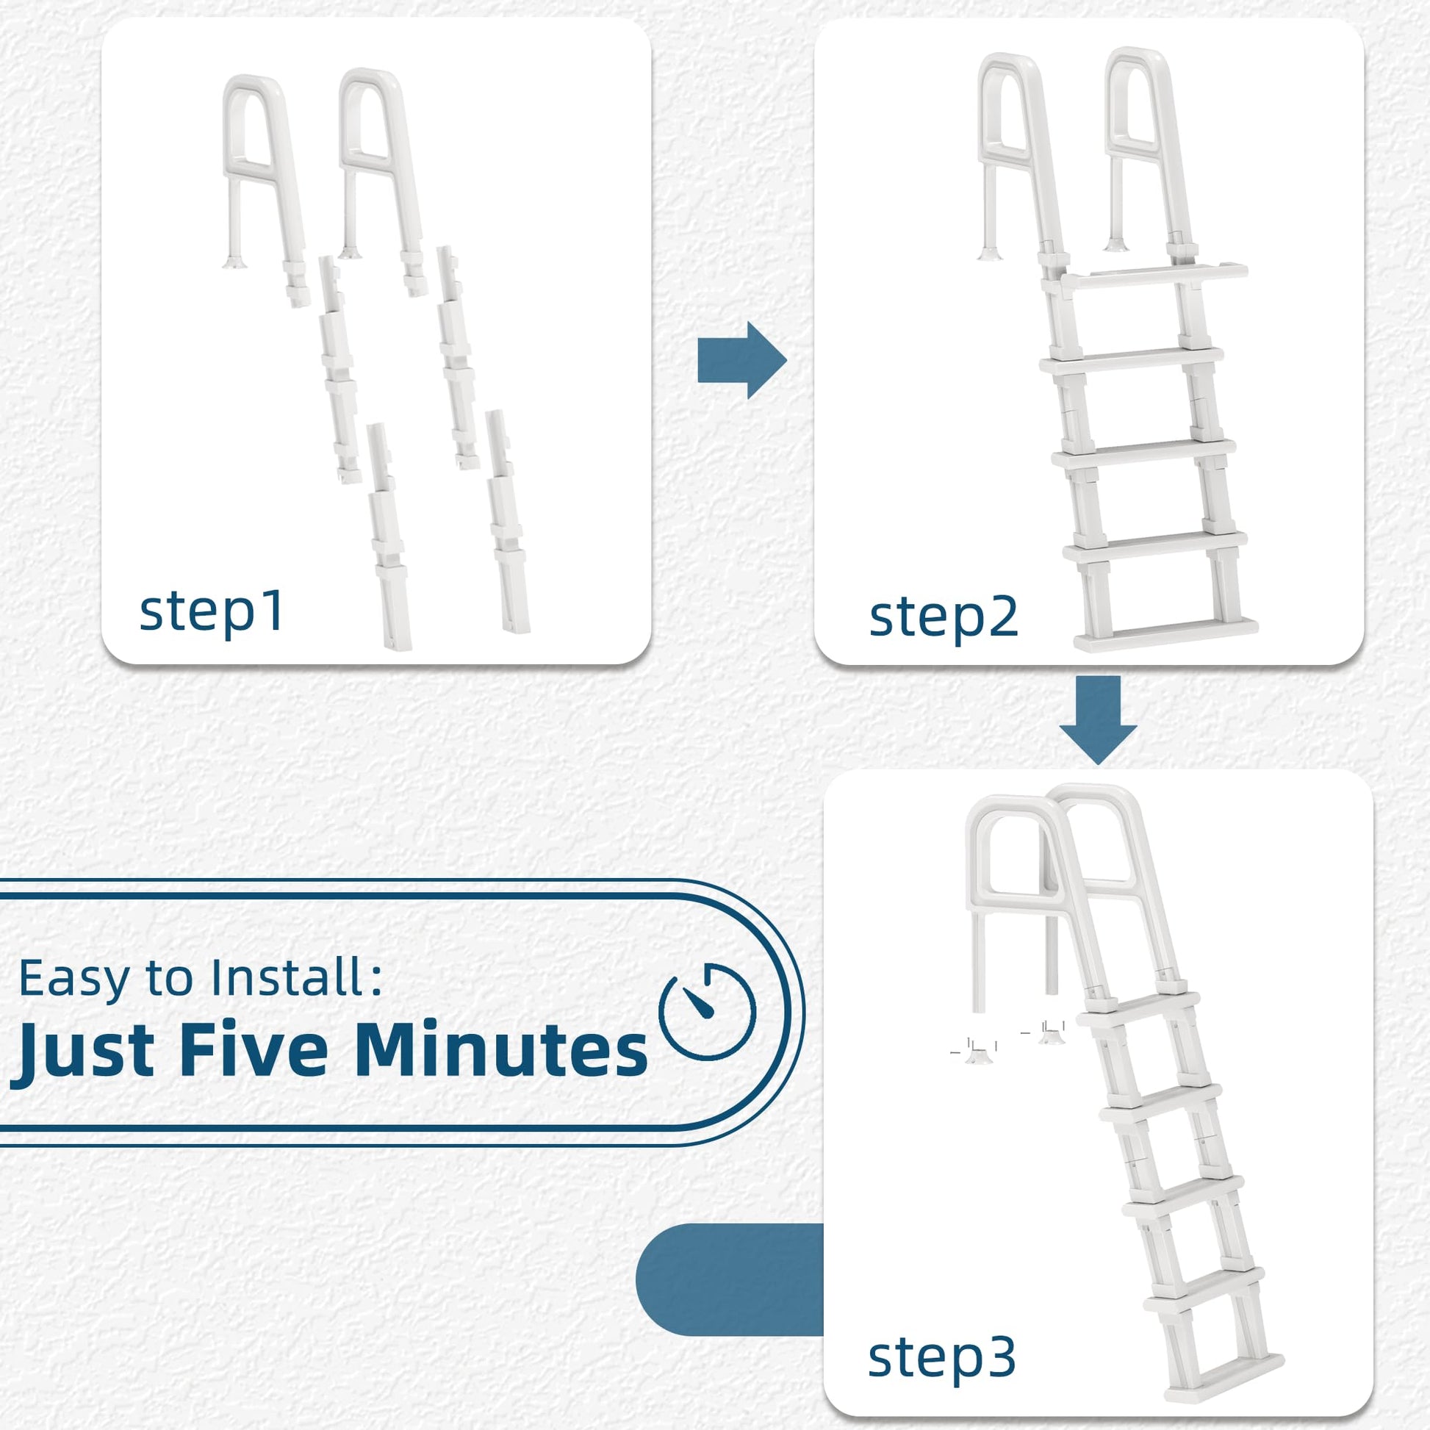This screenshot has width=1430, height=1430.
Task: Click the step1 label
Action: pyautogui.click(x=211, y=612)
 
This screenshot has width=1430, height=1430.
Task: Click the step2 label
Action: pyautogui.click(x=944, y=617)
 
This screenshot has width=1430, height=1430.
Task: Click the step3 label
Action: pyautogui.click(x=941, y=1357)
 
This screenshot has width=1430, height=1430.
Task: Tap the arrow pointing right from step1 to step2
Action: pyautogui.click(x=741, y=361)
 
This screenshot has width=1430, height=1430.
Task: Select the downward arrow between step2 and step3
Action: pyautogui.click(x=1098, y=719)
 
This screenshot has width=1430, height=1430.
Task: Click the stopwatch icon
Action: pyautogui.click(x=707, y=1011)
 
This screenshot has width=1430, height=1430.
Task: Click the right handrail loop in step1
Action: pyautogui.click(x=382, y=182)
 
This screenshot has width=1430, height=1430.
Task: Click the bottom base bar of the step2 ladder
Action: pyautogui.click(x=1165, y=633)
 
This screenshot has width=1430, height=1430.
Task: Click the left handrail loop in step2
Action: pyautogui.click(x=1022, y=159)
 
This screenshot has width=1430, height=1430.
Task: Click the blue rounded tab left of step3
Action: pyautogui.click(x=730, y=1280)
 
